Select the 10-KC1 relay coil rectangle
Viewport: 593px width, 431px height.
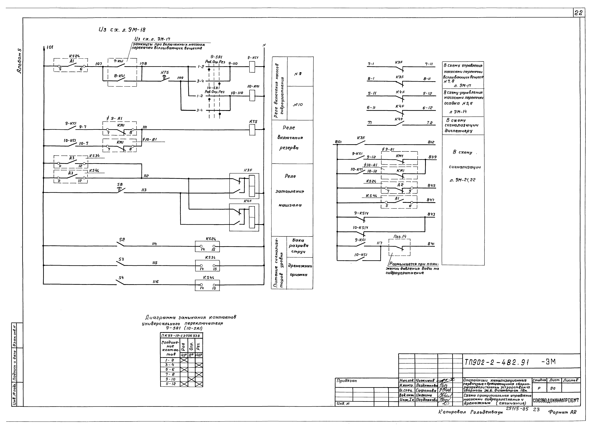(x=252, y=96)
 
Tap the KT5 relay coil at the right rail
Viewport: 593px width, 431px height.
(x=252, y=130)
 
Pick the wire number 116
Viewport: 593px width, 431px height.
(x=156, y=282)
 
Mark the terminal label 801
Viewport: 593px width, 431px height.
(x=338, y=142)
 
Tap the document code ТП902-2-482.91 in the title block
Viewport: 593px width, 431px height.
(x=497, y=362)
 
